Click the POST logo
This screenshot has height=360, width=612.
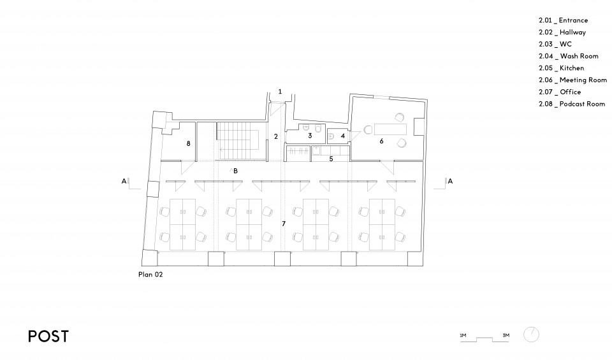48,336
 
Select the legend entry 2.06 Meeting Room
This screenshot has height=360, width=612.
572,80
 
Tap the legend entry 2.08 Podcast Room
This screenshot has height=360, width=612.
572,104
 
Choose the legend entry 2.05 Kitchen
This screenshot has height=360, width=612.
561,68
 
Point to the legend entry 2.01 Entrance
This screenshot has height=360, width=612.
563,20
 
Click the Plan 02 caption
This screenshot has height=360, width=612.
150,274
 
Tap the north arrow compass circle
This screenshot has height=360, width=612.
531,335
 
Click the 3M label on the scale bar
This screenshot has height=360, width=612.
506,335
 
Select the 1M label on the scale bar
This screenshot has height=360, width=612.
463,335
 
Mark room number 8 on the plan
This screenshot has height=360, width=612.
189,143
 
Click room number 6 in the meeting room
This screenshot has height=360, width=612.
381,141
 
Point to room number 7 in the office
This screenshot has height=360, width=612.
284,224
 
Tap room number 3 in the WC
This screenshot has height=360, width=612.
310,136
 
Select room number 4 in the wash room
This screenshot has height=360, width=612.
343,136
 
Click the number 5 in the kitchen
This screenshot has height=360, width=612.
331,159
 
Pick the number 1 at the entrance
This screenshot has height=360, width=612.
280,92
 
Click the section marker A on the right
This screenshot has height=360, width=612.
450,181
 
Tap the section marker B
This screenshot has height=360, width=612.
235,171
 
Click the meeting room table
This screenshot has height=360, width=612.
390,129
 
